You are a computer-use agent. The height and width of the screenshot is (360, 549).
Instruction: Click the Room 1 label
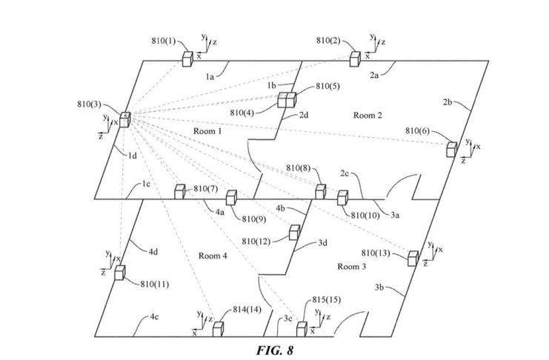(207, 131)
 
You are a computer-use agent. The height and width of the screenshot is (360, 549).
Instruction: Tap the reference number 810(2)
(330, 40)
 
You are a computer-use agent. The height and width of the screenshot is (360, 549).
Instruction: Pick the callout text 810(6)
(418, 130)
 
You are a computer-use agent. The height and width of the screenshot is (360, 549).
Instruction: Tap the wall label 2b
(447, 101)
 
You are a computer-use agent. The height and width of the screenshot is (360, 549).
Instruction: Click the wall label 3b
(380, 286)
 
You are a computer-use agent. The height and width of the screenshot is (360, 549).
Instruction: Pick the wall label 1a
(210, 75)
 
